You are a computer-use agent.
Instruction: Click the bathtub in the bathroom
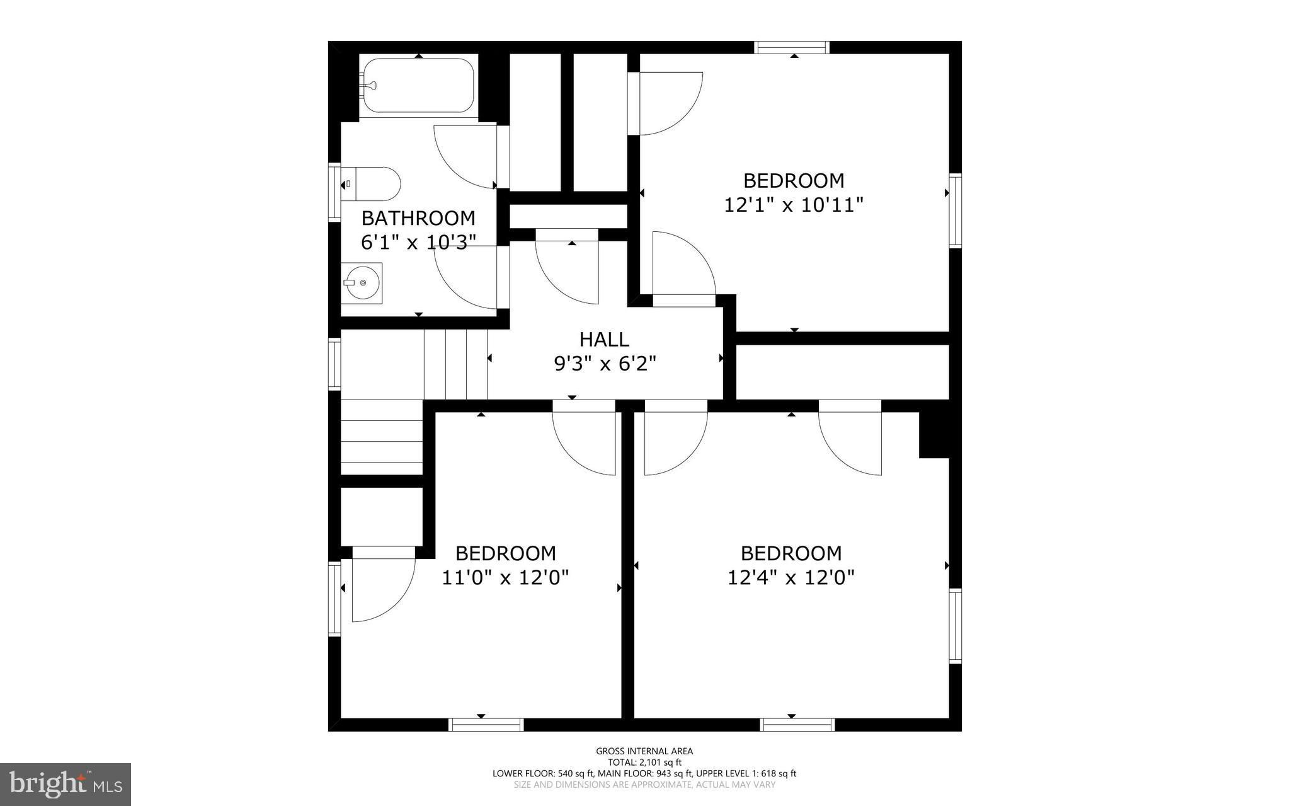(418, 86)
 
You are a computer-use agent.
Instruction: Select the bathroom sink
(362, 282)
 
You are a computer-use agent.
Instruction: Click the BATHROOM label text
(418, 218)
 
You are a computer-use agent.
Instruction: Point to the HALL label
(603, 339)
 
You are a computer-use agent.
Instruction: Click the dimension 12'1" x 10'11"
(793, 205)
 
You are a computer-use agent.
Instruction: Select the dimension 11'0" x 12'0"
(505, 577)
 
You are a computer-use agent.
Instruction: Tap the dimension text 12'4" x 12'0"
(791, 577)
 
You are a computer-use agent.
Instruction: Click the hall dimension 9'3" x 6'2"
(605, 364)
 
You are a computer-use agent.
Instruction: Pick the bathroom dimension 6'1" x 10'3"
(418, 242)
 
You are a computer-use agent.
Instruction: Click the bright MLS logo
(66, 784)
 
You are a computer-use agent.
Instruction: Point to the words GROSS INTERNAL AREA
(644, 751)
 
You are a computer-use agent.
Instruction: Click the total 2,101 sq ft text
(644, 762)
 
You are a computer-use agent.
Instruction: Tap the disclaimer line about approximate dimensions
(644, 785)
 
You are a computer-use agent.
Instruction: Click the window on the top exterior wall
(792, 47)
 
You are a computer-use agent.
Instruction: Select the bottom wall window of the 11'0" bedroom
(486, 724)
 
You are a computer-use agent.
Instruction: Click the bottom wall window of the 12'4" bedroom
(797, 724)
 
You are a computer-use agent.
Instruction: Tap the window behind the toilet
(334, 192)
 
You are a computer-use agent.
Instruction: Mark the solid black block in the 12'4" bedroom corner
(933, 434)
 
